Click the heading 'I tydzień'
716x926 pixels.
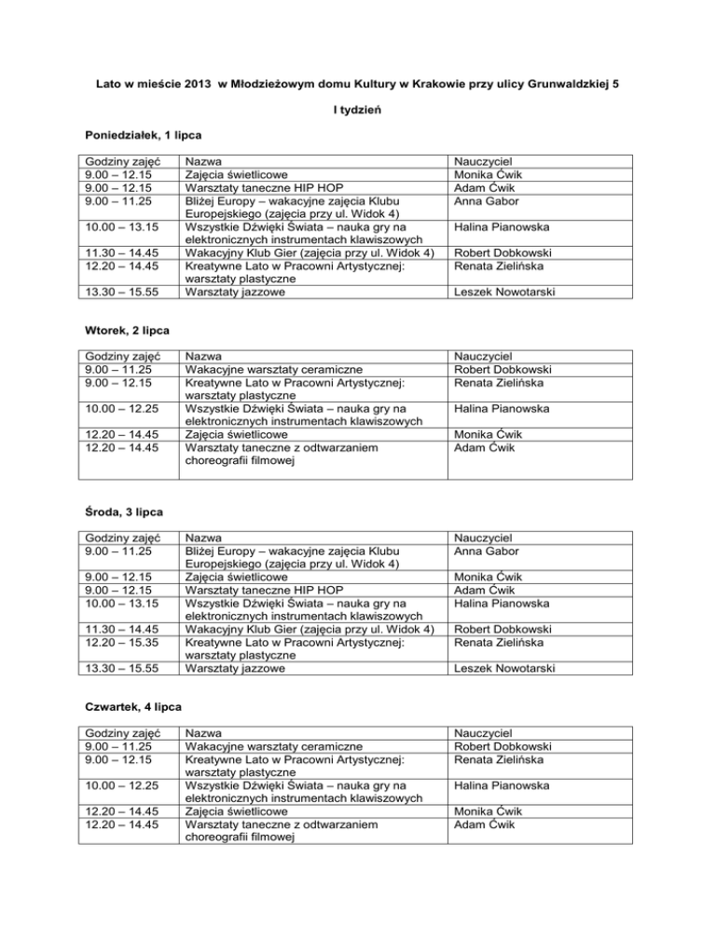pos(358,111)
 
